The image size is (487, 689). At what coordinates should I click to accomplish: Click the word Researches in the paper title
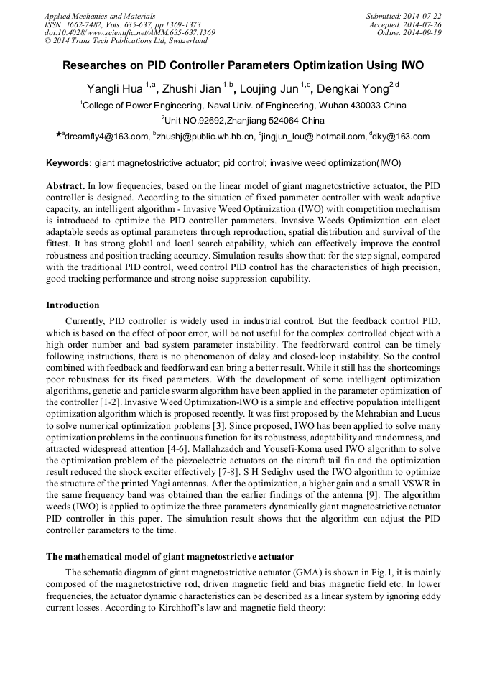(x=95, y=65)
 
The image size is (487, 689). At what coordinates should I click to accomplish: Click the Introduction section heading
(x=73, y=305)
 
